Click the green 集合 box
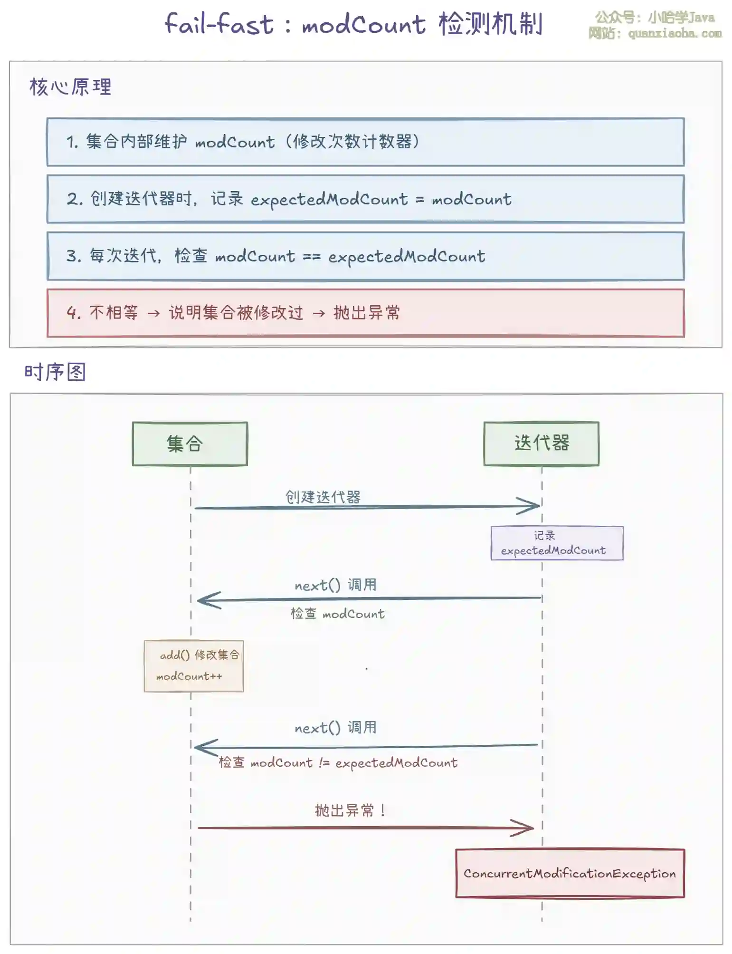click(x=190, y=443)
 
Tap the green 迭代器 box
click(x=541, y=443)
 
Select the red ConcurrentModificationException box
click(x=570, y=873)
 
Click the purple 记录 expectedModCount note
click(x=557, y=543)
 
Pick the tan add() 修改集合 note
click(x=194, y=666)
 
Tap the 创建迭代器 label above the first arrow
click(x=323, y=497)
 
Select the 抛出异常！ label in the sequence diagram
click(x=350, y=810)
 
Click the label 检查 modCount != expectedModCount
click(x=338, y=763)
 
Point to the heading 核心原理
click(x=70, y=87)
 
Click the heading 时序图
click(x=55, y=372)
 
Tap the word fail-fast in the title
click(x=219, y=24)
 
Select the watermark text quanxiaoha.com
click(x=675, y=34)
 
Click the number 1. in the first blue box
click(x=72, y=142)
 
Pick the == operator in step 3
click(x=312, y=257)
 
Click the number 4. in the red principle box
click(x=74, y=313)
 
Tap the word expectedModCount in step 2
click(x=329, y=200)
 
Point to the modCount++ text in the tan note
click(x=189, y=676)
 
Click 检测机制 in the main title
click(x=490, y=24)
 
